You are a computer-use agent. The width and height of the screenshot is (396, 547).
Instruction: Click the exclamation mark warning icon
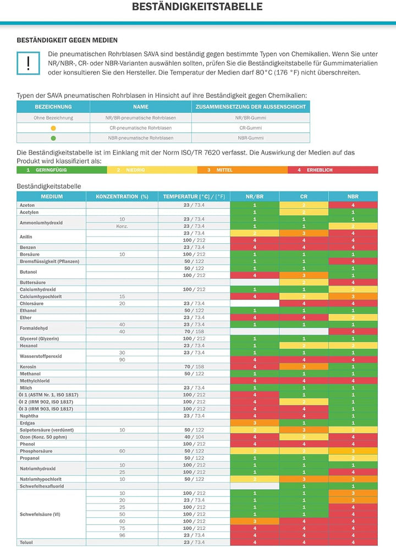point(28,63)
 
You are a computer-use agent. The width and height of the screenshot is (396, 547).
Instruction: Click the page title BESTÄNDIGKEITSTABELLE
point(197,7)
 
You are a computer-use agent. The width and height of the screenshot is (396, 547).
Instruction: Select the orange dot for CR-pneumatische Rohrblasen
point(53,128)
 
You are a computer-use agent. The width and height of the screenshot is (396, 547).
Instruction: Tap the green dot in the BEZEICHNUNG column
point(53,138)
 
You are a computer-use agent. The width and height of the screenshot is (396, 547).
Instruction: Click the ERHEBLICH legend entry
point(333,170)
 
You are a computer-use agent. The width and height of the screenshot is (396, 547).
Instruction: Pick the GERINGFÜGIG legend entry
point(62,170)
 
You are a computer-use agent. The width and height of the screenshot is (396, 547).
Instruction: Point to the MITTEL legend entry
point(243,170)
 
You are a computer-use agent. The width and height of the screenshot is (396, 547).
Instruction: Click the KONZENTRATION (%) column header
point(122,196)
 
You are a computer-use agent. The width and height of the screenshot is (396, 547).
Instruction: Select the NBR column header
point(353,196)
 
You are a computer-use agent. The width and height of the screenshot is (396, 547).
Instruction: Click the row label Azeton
point(27,205)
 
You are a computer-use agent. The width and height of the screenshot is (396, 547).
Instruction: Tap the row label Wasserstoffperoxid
point(41,356)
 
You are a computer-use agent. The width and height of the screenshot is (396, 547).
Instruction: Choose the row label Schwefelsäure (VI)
point(40,514)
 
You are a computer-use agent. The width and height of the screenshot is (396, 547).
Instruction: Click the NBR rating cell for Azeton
point(353,205)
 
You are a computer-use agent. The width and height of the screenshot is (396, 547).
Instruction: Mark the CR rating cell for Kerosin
point(304,367)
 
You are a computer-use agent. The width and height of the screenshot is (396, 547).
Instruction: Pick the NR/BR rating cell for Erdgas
point(255,423)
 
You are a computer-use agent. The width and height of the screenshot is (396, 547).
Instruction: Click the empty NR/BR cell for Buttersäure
point(255,282)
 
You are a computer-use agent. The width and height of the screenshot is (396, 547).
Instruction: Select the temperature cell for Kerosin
point(194,367)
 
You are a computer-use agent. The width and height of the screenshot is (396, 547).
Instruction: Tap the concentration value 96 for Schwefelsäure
point(122,535)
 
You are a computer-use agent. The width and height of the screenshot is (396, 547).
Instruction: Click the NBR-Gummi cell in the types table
point(251,138)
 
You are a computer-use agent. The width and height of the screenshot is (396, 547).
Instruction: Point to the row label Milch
point(26,387)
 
